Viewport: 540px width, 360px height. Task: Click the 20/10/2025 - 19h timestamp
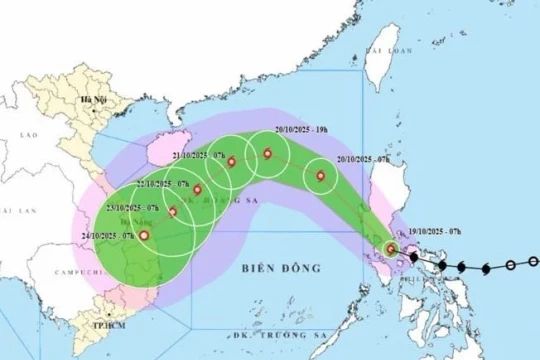[x=299, y=130]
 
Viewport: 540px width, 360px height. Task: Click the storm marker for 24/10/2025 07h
[x=145, y=237]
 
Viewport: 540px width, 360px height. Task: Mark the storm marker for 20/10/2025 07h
[x=321, y=178]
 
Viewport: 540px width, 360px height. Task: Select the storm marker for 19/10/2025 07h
[x=391, y=249]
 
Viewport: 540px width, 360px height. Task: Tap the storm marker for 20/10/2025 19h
[x=267, y=153]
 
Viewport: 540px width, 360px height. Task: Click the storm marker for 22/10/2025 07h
[x=197, y=189]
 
